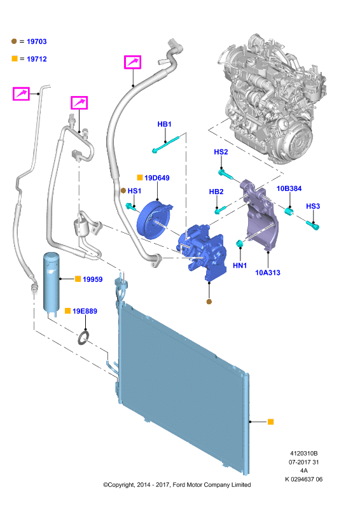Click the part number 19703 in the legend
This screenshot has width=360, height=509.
[x=37, y=41]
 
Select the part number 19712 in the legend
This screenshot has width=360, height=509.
[x=37, y=59]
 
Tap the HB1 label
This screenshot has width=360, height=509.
[x=164, y=124]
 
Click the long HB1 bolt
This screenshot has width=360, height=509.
[x=165, y=144]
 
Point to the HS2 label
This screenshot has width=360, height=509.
[x=221, y=152]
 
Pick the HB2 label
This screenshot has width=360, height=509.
[x=216, y=192]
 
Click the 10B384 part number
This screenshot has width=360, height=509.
[x=289, y=188]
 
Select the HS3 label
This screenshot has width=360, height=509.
[x=313, y=206]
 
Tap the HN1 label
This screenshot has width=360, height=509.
[x=240, y=265]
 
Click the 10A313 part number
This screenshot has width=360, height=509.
[x=268, y=273]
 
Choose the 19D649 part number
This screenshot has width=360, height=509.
[x=157, y=178]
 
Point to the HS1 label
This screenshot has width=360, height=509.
[x=134, y=191]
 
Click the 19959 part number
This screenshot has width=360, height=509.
[x=92, y=279]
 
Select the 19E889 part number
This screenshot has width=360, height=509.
[x=85, y=311]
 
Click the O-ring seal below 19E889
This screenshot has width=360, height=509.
[x=84, y=337]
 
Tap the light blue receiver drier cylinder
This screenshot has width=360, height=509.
[x=52, y=282]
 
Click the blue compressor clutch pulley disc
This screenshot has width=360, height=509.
[x=153, y=220]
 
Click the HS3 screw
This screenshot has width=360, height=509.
[x=313, y=225]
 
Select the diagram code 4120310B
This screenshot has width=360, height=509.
[x=304, y=454]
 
